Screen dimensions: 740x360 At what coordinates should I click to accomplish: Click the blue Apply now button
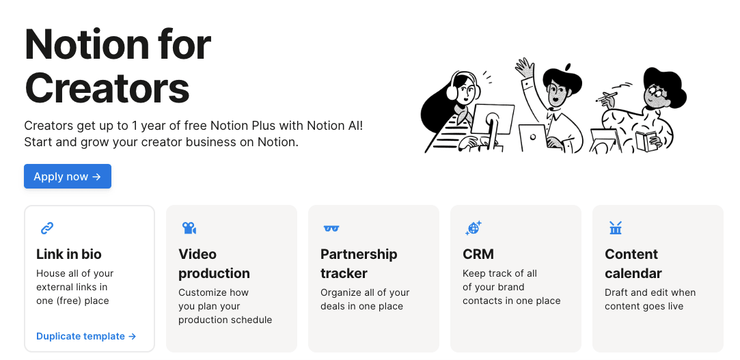(68, 176)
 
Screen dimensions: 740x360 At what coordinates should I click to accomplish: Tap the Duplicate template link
(86, 336)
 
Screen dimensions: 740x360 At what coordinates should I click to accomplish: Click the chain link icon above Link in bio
(46, 228)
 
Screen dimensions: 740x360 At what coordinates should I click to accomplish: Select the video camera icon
(189, 228)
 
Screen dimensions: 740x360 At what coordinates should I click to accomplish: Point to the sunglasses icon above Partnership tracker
(331, 228)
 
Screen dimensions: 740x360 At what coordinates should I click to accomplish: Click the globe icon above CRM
(473, 228)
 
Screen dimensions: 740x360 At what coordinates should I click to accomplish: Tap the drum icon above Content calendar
(616, 228)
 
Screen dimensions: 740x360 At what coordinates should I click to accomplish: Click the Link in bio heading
(69, 254)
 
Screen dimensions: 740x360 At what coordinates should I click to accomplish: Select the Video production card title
(215, 264)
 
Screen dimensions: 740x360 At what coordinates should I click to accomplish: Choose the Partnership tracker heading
(359, 264)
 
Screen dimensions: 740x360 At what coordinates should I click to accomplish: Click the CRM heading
(478, 254)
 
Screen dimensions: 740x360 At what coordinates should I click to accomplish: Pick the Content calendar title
(633, 264)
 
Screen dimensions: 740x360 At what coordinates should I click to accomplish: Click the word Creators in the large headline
(107, 88)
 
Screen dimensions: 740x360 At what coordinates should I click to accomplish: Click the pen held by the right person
(607, 97)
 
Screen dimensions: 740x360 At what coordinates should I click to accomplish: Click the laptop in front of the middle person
(533, 138)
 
